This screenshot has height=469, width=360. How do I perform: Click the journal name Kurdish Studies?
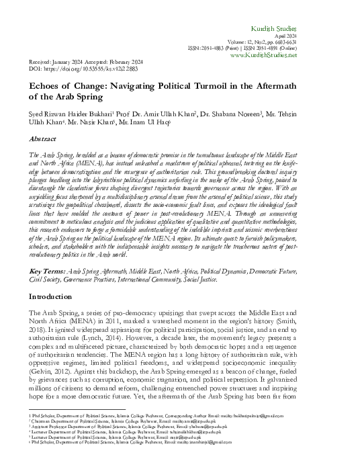(x=315, y=13)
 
